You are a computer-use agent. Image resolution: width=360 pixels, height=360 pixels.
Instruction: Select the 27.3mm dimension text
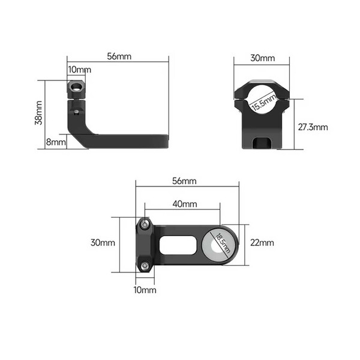pos(313,127)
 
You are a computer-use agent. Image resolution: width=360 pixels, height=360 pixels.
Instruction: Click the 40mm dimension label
pos(185,203)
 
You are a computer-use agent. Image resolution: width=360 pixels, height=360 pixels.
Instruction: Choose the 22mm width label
pos(262,243)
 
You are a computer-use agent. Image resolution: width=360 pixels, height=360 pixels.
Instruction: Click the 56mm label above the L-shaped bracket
pos(119,57)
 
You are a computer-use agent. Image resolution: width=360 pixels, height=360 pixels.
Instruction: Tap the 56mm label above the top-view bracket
pos(184,181)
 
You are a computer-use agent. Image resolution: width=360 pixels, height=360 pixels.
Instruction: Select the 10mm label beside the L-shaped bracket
pos(79,70)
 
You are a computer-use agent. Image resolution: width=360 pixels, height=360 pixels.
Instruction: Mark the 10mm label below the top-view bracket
pos(145,290)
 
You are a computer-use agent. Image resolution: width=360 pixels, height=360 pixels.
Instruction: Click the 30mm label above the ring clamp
pos(262,58)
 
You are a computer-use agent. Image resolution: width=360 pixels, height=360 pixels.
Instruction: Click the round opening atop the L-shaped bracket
pos(76,88)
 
